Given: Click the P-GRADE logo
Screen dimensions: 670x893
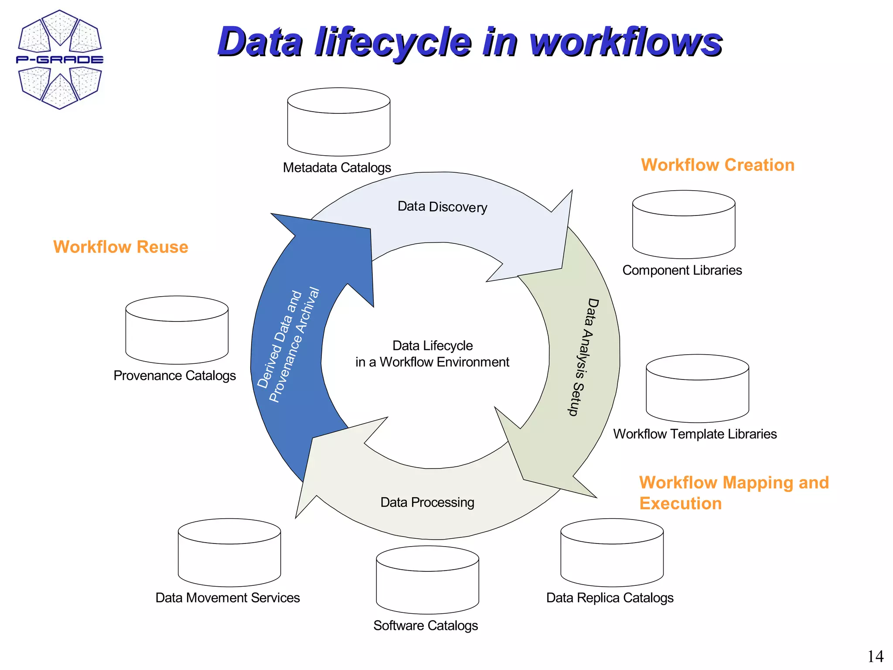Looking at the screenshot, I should pyautogui.click(x=60, y=59).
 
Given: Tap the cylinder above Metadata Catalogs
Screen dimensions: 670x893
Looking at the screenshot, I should pyautogui.click(x=338, y=122).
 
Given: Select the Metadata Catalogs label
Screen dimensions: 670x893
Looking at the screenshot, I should pyautogui.click(x=337, y=167).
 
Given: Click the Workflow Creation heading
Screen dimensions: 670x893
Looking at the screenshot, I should pyautogui.click(x=717, y=165).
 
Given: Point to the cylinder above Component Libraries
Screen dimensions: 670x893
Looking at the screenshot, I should pyautogui.click(x=683, y=225).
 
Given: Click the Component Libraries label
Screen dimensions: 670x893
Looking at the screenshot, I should pyautogui.click(x=682, y=270).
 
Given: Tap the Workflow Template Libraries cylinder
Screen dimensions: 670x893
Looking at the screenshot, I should pyautogui.click(x=697, y=389).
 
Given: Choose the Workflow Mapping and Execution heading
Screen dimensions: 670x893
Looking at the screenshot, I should pyautogui.click(x=733, y=492).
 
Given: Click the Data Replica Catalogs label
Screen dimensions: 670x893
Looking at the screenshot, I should pyautogui.click(x=610, y=598).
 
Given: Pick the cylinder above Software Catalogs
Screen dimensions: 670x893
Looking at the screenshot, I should pyautogui.click(x=427, y=580).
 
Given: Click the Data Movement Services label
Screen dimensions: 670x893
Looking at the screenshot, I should pyautogui.click(x=228, y=598).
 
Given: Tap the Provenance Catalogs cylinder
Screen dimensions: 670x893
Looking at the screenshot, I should pyautogui.click(x=177, y=330).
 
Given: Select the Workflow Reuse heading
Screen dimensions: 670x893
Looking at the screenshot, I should pyautogui.click(x=121, y=247).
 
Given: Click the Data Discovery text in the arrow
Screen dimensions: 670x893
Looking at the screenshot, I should pyautogui.click(x=442, y=207).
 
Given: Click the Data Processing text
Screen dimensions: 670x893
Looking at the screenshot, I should pyautogui.click(x=427, y=502).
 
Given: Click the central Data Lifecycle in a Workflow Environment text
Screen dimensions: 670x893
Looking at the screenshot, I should pyautogui.click(x=432, y=354).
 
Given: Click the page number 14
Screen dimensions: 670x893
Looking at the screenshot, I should pyautogui.click(x=875, y=656).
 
